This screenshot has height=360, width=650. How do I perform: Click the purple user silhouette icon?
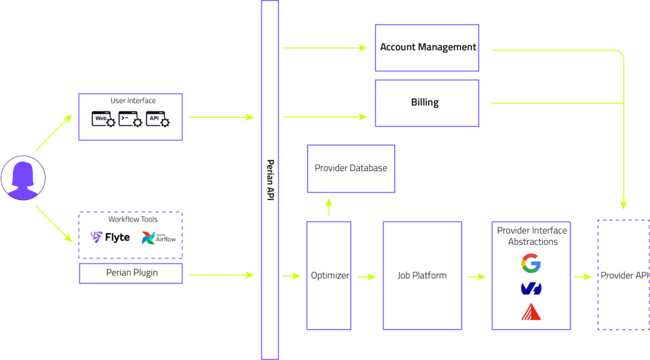pos(23,177)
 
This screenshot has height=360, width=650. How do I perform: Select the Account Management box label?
pos(427,47)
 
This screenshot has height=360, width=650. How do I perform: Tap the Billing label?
pos(425,102)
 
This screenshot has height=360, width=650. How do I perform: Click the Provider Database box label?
pos(351,168)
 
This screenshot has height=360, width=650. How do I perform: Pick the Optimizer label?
pos(329,276)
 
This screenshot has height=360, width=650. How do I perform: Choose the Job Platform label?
pos(422,276)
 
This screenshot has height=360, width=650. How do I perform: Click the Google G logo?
pos(531,263)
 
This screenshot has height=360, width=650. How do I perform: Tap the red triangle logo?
pos(531,312)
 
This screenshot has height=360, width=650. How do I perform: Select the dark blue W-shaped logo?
pos(531,288)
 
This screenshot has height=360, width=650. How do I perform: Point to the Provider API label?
pos(623,276)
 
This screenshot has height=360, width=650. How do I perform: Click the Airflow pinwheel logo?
pos(149,238)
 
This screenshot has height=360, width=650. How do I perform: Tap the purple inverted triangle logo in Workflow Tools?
pos(96,237)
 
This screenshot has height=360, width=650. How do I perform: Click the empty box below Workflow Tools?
pos(131,273)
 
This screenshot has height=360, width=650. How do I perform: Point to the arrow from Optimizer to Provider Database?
pos(328,207)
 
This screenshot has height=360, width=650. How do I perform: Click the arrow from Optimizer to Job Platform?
pos(366,276)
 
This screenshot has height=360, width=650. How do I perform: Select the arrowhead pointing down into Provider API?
pos(623,205)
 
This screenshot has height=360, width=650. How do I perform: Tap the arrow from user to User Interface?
pos(54,133)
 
